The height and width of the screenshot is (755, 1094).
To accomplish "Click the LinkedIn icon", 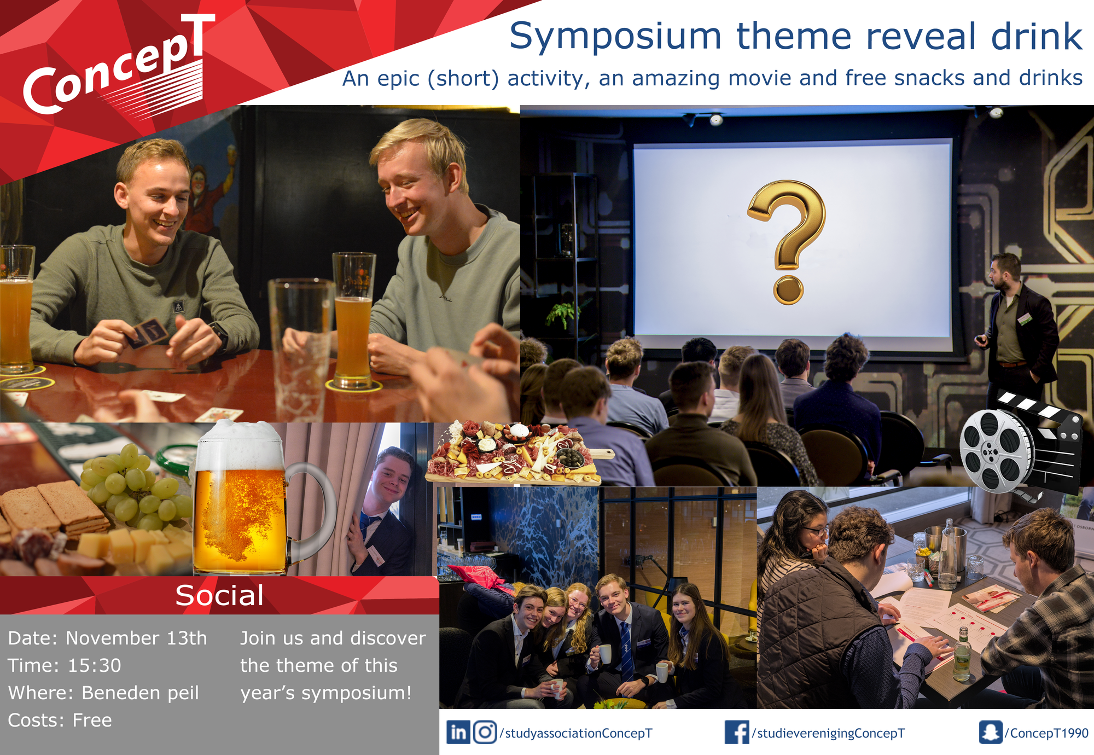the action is click(x=458, y=733).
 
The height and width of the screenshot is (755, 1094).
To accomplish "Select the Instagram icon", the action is click(x=485, y=733).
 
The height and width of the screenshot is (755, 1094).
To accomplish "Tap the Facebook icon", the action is click(x=737, y=733).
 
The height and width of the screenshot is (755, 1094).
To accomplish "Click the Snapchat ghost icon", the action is click(x=991, y=733).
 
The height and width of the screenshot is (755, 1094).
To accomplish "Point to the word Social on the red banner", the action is click(x=219, y=595).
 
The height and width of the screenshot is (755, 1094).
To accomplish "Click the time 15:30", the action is click(x=94, y=665).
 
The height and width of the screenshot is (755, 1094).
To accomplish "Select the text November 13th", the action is click(x=136, y=638).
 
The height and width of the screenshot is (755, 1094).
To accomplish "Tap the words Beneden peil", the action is click(x=140, y=693).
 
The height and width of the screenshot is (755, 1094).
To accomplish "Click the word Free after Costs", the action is click(x=92, y=721).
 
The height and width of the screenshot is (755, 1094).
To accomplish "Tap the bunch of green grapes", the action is click(x=134, y=487).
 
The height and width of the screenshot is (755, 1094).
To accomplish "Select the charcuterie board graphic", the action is click(x=517, y=453).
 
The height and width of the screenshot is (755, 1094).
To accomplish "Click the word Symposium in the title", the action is click(x=615, y=37).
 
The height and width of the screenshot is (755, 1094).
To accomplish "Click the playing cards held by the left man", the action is click(x=146, y=332).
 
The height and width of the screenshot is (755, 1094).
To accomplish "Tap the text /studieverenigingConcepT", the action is click(x=828, y=733).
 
